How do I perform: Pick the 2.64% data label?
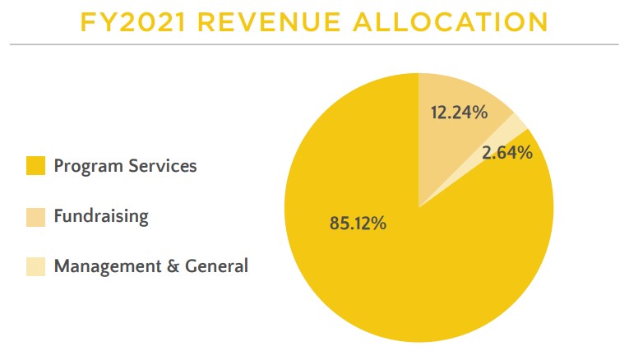coord(507,152)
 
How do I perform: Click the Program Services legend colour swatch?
coord(35,166)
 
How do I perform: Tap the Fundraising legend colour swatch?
coord(35,217)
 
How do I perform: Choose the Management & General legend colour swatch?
coord(35,267)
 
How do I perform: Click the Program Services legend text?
coord(125,166)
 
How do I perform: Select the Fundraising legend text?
coord(101,217)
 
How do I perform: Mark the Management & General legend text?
coord(150,267)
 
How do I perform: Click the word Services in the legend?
coord(162,166)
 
